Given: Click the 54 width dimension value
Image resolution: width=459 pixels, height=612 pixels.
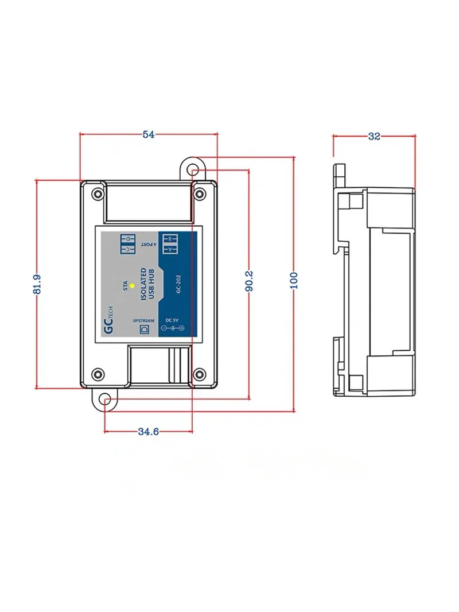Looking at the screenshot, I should (x=149, y=135).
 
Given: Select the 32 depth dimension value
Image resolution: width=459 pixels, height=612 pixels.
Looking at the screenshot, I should (x=374, y=136).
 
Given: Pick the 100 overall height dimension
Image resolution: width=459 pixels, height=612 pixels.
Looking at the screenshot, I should (x=294, y=280).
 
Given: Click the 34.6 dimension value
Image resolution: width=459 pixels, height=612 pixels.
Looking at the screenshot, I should (x=148, y=432).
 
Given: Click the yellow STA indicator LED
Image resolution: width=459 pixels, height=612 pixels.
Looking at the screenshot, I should (x=131, y=285).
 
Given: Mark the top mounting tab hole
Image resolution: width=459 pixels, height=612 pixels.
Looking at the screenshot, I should (x=196, y=171).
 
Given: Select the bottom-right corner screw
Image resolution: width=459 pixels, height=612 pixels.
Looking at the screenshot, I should (x=200, y=374).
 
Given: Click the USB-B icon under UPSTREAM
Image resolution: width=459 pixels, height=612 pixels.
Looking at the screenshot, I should (x=145, y=328).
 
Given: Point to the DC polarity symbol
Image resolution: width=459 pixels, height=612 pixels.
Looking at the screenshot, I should (x=173, y=328).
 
